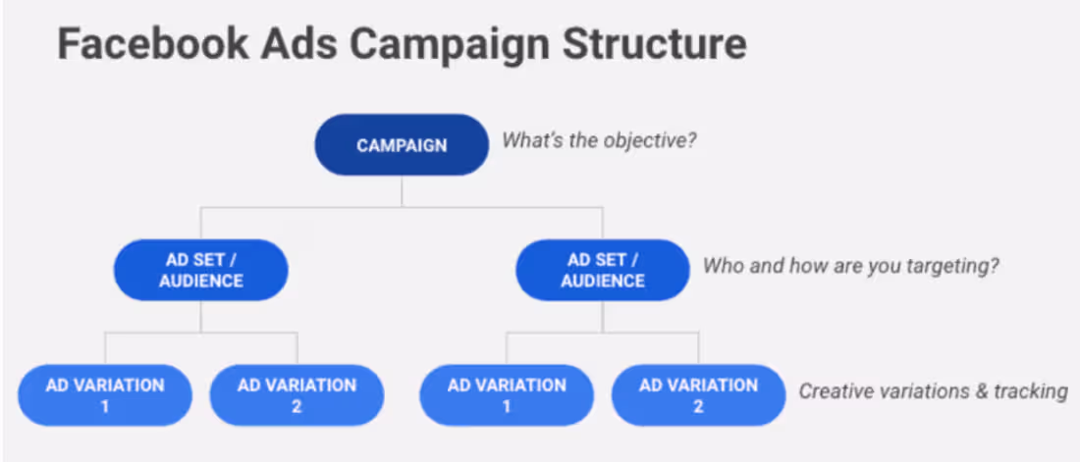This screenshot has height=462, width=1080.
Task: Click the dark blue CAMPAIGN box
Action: pyautogui.click(x=402, y=145)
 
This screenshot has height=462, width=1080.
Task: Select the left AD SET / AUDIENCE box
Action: pyautogui.click(x=201, y=270)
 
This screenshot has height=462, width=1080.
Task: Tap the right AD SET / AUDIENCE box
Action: pyautogui.click(x=603, y=270)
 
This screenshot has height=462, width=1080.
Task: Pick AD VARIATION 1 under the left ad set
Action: pyautogui.click(x=104, y=394)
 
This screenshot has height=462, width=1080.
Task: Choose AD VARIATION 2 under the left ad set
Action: pyautogui.click(x=297, y=394)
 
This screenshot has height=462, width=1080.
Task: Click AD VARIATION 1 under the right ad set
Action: pyautogui.click(x=507, y=394)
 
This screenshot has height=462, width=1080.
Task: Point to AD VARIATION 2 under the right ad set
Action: pyautogui.click(x=698, y=394)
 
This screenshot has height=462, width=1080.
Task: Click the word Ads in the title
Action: pyautogui.click(x=307, y=44)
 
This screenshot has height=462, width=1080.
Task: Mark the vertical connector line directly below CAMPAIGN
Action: pyautogui.click(x=402, y=191)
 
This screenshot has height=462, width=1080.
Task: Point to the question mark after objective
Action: pyautogui.click(x=692, y=139)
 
